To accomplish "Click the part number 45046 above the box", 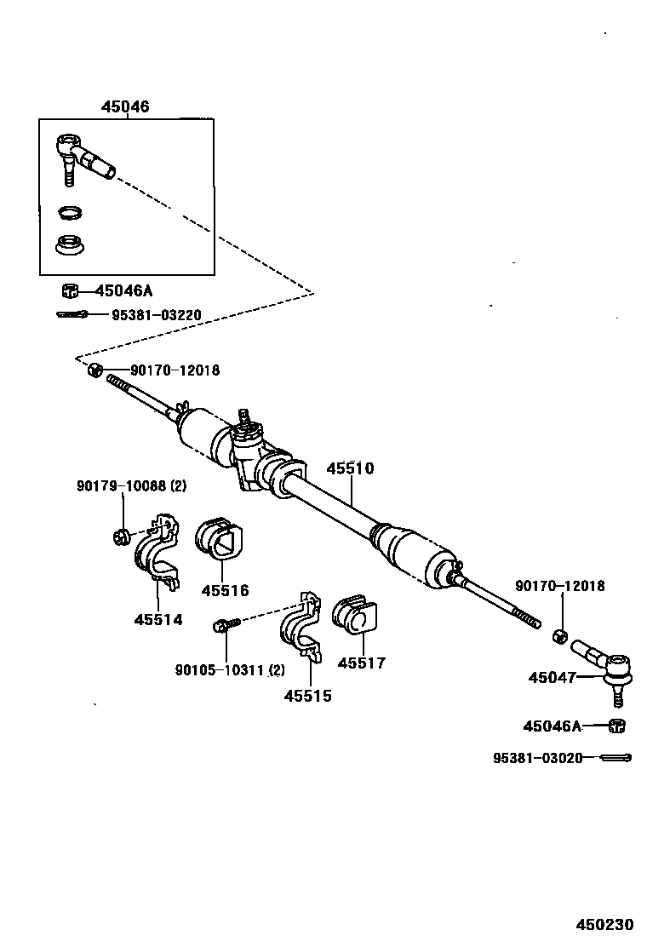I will pyautogui.click(x=125, y=107).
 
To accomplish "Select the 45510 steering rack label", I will pyautogui.click(x=350, y=468).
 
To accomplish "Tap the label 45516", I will pyautogui.click(x=225, y=590).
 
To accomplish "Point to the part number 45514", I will pyautogui.click(x=157, y=619).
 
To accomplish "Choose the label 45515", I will pyautogui.click(x=307, y=696).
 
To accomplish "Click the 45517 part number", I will pyautogui.click(x=361, y=663).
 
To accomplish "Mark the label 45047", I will pyautogui.click(x=552, y=678).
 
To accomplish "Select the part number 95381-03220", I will pyautogui.click(x=156, y=315).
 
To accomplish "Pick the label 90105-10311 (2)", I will pyautogui.click(x=230, y=670).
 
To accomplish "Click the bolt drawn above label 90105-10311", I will pyautogui.click(x=227, y=626).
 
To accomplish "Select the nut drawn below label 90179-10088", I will pyautogui.click(x=121, y=537).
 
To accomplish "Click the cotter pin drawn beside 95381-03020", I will pyautogui.click(x=614, y=757).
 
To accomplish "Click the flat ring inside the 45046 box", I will pyautogui.click(x=70, y=212).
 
